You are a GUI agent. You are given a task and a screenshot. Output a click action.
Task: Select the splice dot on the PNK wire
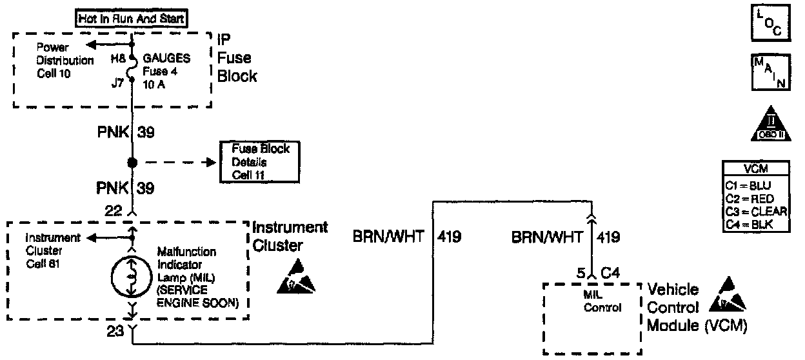click(132, 162)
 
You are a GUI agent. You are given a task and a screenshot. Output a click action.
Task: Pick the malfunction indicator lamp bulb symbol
click(132, 276)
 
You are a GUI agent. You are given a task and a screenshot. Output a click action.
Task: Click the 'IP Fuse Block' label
click(237, 58)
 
